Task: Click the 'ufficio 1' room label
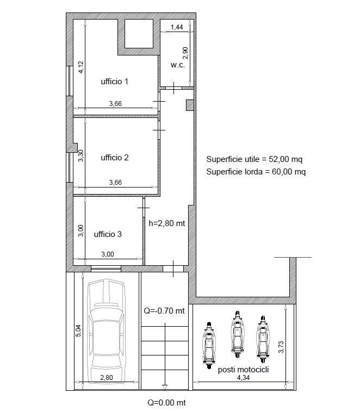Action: [114, 82]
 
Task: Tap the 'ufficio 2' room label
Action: [115, 158]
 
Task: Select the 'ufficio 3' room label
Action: [108, 234]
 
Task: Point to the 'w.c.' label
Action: [177, 65]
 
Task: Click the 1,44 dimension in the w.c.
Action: [177, 27]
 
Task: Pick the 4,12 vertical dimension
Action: [80, 67]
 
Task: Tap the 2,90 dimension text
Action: [185, 53]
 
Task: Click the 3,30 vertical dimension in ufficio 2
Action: [80, 155]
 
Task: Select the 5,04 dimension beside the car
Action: [78, 331]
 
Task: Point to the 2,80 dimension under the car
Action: [107, 378]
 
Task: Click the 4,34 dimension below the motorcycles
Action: [243, 378]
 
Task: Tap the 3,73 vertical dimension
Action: [281, 347]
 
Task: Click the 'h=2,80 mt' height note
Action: [167, 223]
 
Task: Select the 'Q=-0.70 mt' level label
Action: [164, 311]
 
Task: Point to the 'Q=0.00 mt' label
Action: [166, 403]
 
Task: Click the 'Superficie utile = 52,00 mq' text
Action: [255, 159]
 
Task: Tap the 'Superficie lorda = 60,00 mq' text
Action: [256, 172]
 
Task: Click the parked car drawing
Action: [106, 332]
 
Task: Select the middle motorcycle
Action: [238, 334]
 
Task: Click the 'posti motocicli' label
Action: [243, 370]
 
